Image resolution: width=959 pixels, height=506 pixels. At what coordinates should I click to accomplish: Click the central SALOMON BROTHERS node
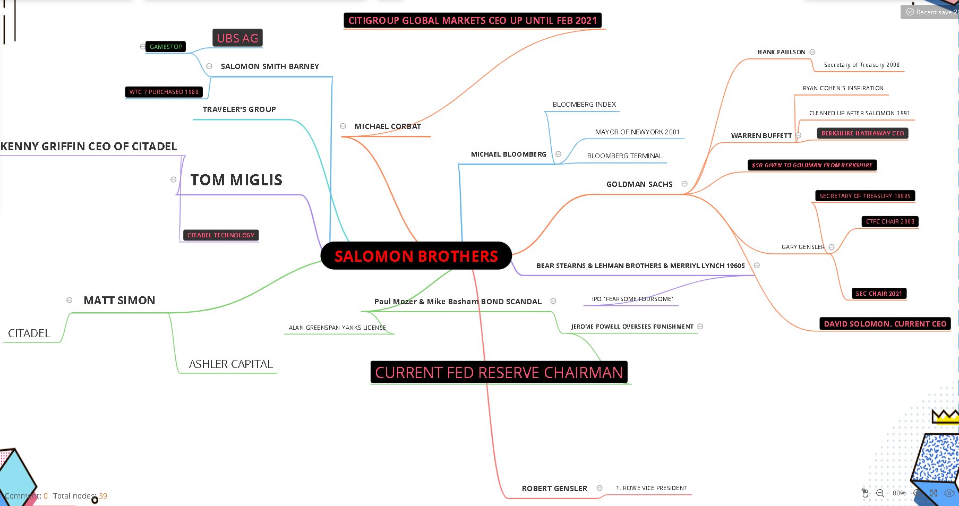pos(416,256)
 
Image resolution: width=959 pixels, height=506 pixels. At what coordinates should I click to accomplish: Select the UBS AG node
pos(237,38)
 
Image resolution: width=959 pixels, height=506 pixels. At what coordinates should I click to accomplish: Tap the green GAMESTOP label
pos(166,47)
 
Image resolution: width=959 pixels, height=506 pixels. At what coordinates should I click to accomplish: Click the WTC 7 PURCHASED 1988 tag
pos(164,92)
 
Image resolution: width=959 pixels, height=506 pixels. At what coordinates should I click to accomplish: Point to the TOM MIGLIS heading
pos(236,180)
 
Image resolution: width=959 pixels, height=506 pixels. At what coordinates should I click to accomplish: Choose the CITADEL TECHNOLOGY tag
pos(220,235)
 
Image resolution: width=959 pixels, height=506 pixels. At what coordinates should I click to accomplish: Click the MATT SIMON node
pos(119,301)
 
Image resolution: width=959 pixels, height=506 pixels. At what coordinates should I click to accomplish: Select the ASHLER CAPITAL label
pos(231,364)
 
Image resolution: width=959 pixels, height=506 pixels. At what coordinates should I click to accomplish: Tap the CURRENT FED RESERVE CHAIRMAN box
pos(499,372)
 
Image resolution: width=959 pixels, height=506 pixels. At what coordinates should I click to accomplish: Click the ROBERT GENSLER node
pos(554,488)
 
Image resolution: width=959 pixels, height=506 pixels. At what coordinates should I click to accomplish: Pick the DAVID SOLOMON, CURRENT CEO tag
pos(885,324)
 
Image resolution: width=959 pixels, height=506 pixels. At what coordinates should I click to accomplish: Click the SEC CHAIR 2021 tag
pos(879,294)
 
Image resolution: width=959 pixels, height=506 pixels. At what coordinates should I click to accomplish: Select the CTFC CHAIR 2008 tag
pos(890,221)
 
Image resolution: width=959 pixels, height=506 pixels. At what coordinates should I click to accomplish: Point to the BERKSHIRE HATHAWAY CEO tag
pos(862,133)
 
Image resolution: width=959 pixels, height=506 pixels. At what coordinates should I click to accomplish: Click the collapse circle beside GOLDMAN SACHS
pos(684,184)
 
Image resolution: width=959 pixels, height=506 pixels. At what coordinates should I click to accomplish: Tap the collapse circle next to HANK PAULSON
pos(812,52)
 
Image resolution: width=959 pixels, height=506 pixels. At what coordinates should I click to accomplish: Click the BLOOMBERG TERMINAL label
pos(624,156)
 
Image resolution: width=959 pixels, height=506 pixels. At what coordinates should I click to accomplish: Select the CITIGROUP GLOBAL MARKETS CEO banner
pos(473,21)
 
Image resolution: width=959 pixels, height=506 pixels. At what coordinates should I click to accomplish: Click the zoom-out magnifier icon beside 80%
pos(880,493)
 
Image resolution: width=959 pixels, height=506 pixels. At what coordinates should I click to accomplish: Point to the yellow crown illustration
pos(945,416)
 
